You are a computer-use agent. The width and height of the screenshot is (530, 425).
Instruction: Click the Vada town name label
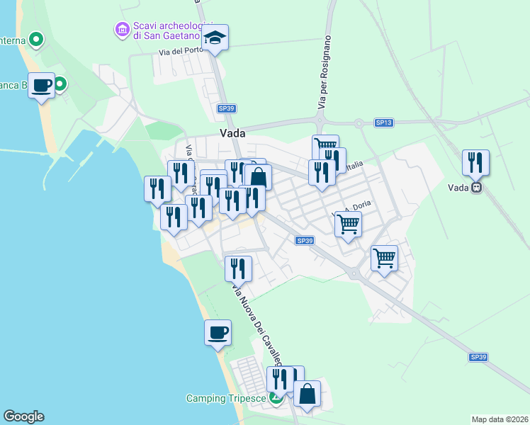232,133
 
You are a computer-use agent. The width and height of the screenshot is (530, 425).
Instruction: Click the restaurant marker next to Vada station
475,163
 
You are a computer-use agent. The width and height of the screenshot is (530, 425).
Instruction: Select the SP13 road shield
383,123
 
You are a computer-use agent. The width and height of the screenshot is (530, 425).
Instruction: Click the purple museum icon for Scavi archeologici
121,30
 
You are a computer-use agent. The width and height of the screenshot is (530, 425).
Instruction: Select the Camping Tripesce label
226,398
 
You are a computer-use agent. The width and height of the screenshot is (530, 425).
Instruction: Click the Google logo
23,416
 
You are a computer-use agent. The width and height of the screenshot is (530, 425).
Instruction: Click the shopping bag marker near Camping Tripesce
308,395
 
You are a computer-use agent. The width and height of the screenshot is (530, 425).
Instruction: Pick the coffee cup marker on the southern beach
218,331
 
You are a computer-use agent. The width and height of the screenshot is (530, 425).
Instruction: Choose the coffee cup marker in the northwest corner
42,85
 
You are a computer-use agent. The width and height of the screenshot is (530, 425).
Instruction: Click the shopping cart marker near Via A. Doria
348,224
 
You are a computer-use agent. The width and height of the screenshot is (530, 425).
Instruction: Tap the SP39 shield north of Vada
226,108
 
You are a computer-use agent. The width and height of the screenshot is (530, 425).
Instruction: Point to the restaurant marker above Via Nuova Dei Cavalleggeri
239,268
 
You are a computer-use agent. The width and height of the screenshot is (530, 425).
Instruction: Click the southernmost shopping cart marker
384,258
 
